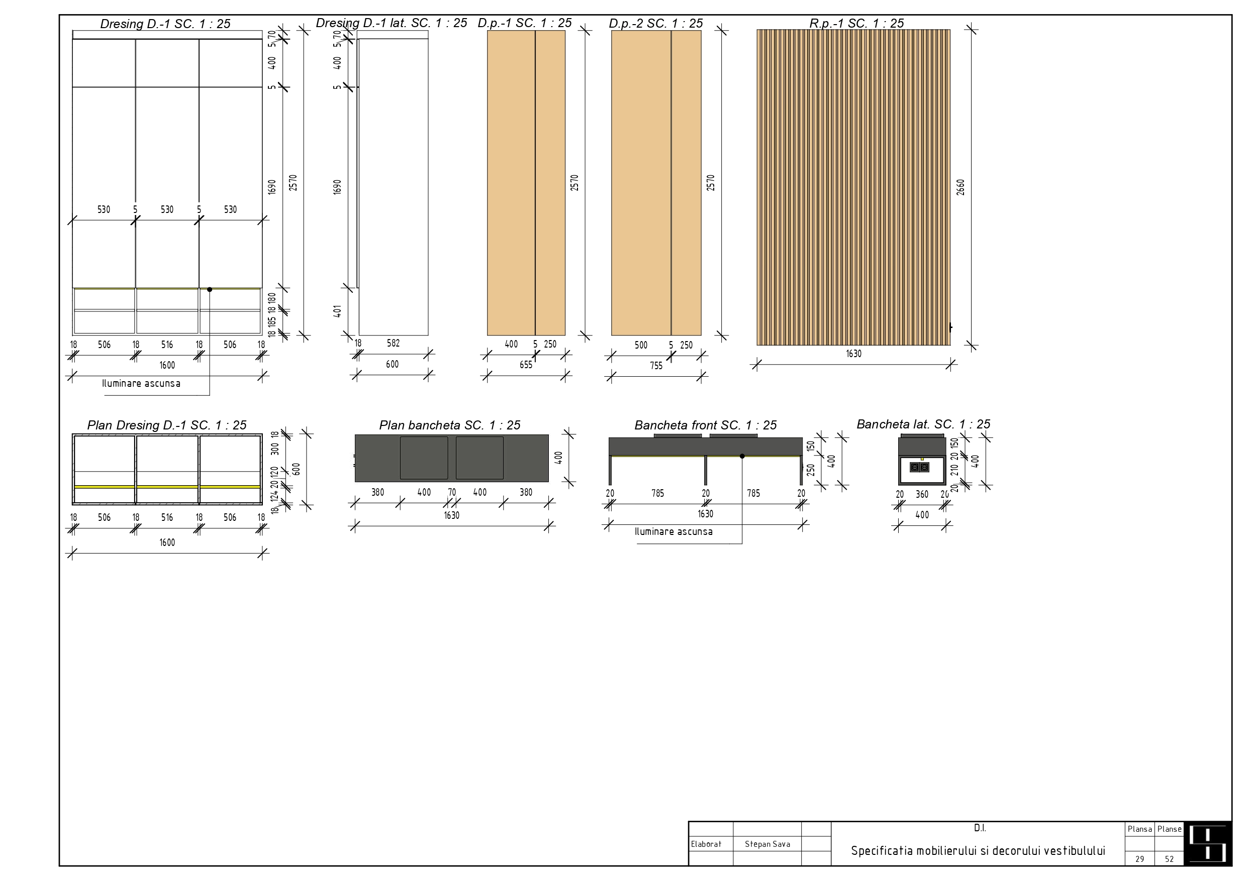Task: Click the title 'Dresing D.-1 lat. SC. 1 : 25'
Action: coord(391,23)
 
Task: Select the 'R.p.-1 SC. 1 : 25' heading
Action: coord(856,23)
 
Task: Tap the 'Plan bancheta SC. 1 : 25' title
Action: coord(450,425)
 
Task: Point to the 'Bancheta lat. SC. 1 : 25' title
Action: coord(923,424)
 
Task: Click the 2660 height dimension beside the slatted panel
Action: coord(960,187)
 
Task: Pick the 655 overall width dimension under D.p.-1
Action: coord(526,365)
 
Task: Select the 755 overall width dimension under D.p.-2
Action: coord(656,366)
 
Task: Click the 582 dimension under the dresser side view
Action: coord(393,343)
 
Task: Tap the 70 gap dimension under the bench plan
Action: coord(452,492)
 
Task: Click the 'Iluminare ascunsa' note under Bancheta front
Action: coord(674,531)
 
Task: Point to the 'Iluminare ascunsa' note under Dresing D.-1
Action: coord(141,383)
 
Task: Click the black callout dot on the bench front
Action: coord(742,456)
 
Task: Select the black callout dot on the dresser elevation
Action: coord(210,289)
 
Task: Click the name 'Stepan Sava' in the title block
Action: coord(768,844)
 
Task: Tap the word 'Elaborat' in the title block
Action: coord(706,844)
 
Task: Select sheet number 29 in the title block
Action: coord(1139,859)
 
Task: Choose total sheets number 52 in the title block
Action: coord(1169,859)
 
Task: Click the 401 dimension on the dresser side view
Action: coord(337,311)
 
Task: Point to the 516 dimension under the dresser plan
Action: coord(167,517)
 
